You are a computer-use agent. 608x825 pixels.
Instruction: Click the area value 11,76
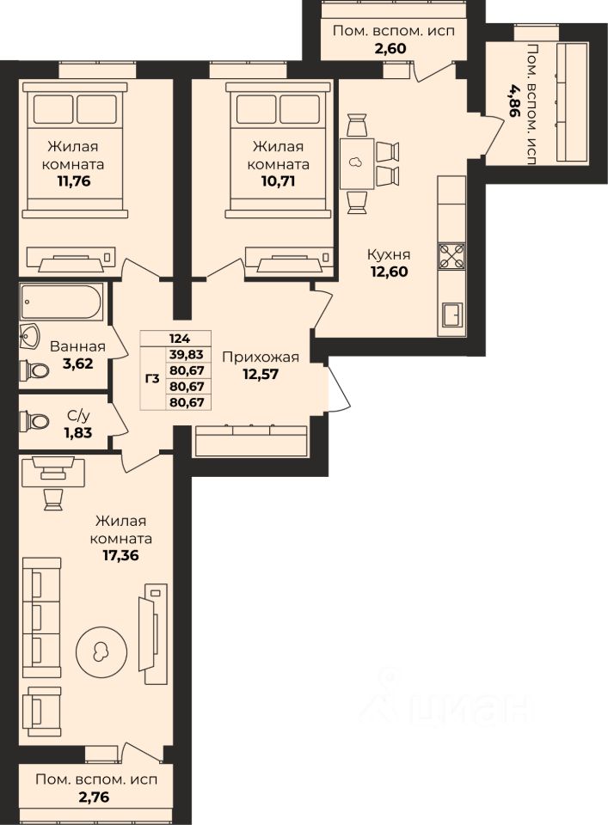click(74, 181)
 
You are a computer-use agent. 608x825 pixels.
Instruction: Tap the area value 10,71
click(278, 181)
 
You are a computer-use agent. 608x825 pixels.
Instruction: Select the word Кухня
click(389, 254)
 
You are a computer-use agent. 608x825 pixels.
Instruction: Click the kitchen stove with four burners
click(451, 256)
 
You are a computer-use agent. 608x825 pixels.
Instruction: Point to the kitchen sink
click(452, 315)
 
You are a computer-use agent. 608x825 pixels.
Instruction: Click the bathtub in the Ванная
click(62, 302)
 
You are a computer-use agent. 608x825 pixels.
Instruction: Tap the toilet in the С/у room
click(34, 421)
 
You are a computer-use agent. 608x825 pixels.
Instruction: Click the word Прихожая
click(260, 357)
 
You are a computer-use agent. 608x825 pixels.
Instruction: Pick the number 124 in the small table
click(180, 339)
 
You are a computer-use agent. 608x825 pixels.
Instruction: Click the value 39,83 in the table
click(187, 355)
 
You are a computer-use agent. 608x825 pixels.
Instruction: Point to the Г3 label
click(151, 378)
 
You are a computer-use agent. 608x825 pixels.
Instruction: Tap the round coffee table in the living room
click(101, 652)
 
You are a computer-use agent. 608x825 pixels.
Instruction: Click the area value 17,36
click(120, 555)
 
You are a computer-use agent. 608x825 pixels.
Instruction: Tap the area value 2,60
click(390, 48)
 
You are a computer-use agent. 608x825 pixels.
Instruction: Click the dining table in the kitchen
click(357, 163)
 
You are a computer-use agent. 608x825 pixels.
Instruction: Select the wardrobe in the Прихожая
click(250, 440)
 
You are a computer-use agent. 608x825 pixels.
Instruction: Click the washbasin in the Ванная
click(28, 337)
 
